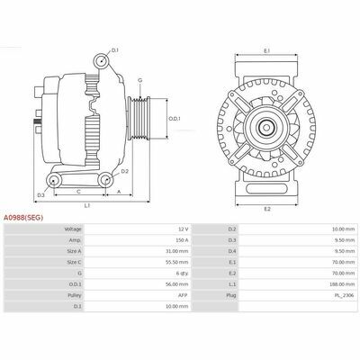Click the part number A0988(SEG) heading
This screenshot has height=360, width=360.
[x=23, y=218]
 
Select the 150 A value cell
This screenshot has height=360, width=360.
[x=182, y=240]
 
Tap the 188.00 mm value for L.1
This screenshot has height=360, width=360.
[x=342, y=284]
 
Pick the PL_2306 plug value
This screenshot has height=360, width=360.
[x=345, y=295]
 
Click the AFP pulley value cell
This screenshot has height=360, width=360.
[x=183, y=295]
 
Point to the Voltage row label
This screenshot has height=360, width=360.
[x=73, y=229]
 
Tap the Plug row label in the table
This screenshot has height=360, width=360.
[x=231, y=295]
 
